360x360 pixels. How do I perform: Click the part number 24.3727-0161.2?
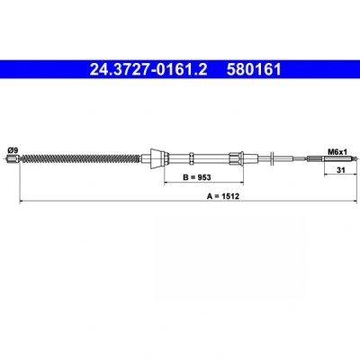[148, 69]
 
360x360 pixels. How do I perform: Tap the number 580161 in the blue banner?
[254, 69]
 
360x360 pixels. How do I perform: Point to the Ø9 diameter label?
[13, 150]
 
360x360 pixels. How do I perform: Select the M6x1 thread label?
[337, 152]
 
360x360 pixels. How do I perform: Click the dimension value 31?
[340, 170]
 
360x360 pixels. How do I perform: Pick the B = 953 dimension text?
[197, 177]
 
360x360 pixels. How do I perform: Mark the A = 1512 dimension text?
[223, 196]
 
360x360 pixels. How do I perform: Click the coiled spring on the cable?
[80, 158]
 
